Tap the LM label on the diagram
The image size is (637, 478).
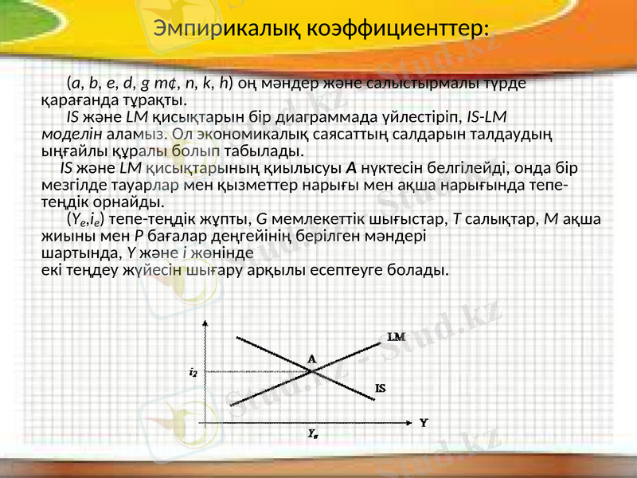coord(397,337)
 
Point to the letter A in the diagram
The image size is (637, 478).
coord(311,358)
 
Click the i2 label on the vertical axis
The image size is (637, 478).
coord(193,372)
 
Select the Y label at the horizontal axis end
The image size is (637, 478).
coord(424,423)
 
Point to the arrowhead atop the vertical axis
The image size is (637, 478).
coord(207,323)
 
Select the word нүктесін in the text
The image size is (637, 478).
coord(389,169)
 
